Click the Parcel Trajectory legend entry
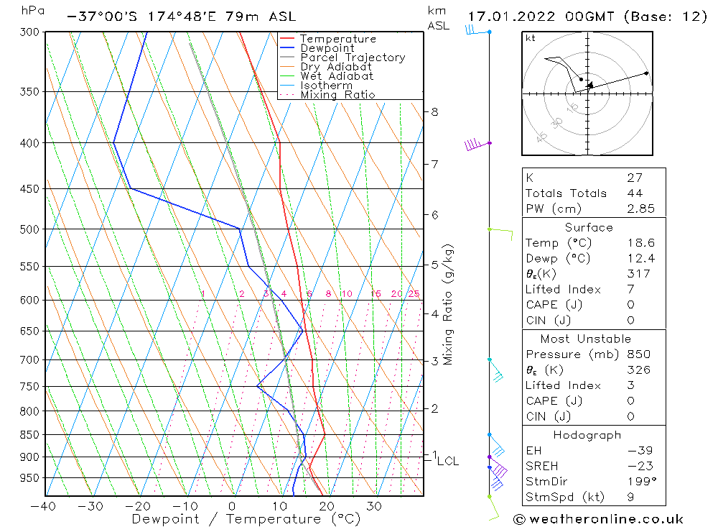click(353, 58)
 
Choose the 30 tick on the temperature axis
click(374, 505)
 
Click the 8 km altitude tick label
click(434, 111)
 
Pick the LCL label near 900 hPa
click(447, 461)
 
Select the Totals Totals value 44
click(634, 193)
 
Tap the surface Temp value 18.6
click(640, 243)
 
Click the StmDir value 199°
click(638, 482)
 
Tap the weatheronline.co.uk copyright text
click(598, 519)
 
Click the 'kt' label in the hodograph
click(530, 38)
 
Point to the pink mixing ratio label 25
click(414, 294)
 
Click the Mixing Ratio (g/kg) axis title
click(448, 304)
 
